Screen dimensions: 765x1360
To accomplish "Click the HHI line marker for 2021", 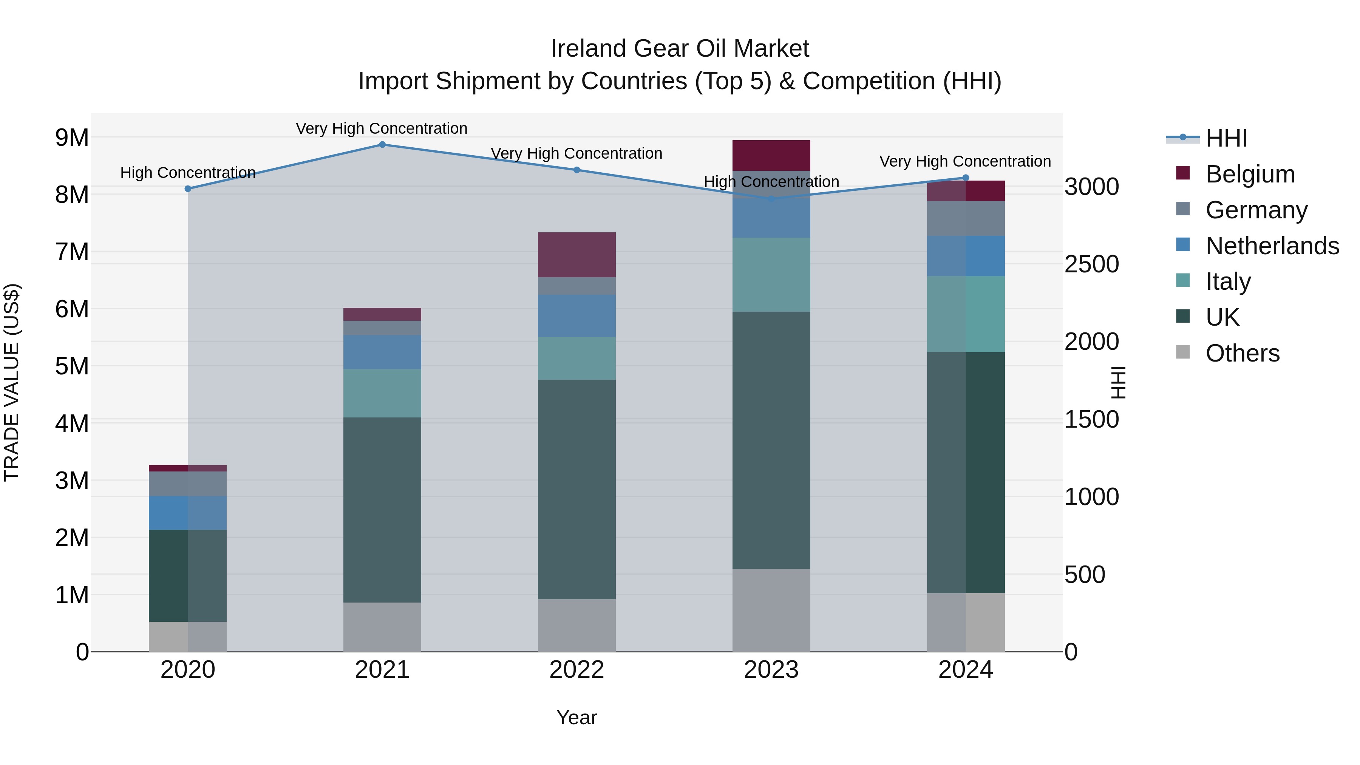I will pos(382,145).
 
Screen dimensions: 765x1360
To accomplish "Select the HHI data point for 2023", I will pos(771,198).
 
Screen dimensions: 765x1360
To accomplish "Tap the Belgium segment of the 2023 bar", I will pos(771,155).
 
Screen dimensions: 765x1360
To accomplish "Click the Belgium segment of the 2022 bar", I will pos(576,255).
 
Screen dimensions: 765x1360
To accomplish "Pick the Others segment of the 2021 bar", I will pos(382,627).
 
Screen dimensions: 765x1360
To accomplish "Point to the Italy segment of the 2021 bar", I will pos(382,393).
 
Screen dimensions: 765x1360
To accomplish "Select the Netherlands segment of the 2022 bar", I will pos(576,316).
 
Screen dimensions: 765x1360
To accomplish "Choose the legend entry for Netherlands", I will pos(1272,246).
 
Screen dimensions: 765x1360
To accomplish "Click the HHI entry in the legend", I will pos(1226,138).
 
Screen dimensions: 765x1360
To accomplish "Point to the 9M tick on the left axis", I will pos(72,138).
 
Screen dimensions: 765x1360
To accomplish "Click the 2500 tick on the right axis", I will pos(1091,264).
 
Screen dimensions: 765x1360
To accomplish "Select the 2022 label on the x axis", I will pos(576,670).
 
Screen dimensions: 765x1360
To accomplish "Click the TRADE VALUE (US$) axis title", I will pos(12,382).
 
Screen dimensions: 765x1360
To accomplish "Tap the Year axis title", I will pos(576,717).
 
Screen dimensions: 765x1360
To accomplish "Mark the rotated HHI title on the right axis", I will pos(1118,382).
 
